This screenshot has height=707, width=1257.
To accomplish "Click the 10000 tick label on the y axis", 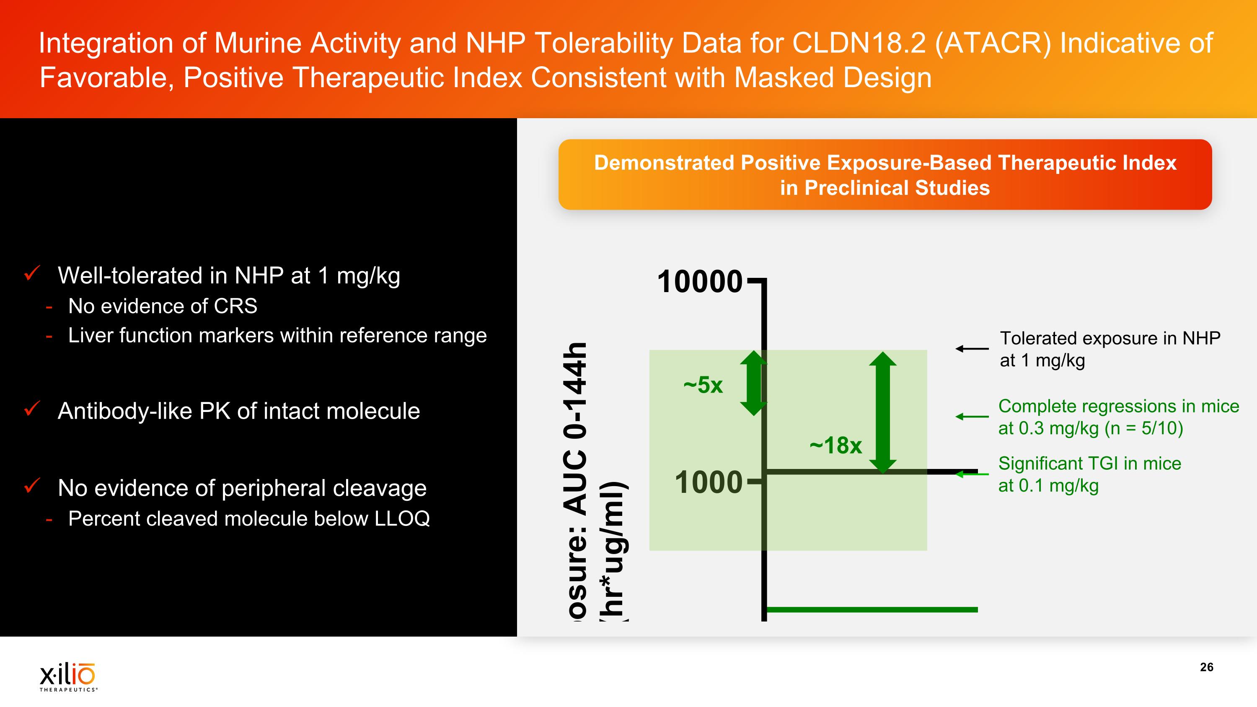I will point(699,282).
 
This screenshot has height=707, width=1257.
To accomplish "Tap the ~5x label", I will point(703,385).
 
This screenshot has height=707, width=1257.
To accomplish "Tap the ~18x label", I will point(835,445).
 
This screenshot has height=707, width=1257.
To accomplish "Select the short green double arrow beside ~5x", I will point(753,383).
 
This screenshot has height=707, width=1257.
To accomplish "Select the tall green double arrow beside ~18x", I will point(882,413).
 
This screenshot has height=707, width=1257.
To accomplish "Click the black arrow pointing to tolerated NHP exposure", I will point(972,348).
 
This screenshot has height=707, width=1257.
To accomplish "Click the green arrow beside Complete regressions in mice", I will point(972,417).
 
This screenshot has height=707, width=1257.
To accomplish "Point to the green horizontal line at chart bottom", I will point(872,609).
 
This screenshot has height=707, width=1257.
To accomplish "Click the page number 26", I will point(1206,667).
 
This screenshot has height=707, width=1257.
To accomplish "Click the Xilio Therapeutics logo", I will point(68,676).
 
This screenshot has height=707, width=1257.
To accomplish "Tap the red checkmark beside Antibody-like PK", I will point(32,409).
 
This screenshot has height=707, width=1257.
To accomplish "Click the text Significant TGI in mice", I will point(1089,464).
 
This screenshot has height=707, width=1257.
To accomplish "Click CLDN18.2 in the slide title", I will point(859,43).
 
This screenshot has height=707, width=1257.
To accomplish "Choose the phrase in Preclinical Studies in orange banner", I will point(884,188).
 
